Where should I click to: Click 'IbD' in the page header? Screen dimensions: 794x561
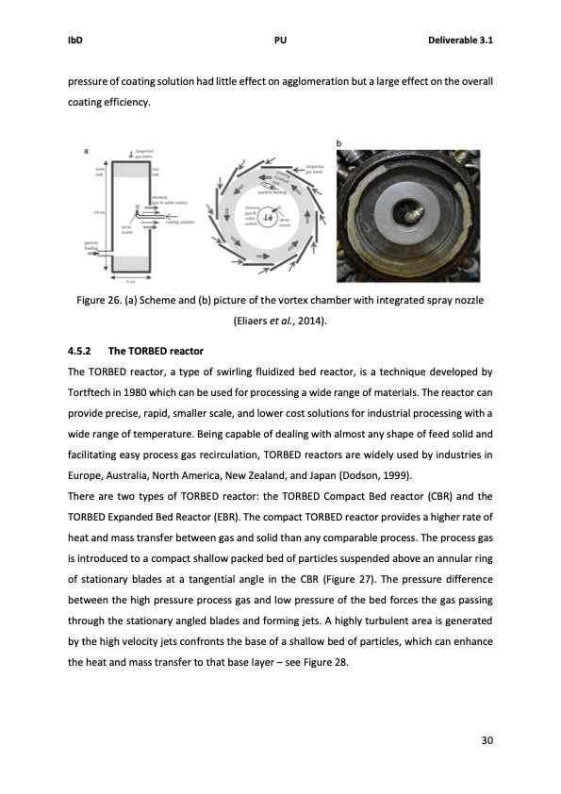(74, 41)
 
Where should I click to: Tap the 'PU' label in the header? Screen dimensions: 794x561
(280, 41)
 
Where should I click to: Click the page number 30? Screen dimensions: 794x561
(487, 739)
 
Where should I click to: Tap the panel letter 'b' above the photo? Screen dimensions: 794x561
(339, 142)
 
